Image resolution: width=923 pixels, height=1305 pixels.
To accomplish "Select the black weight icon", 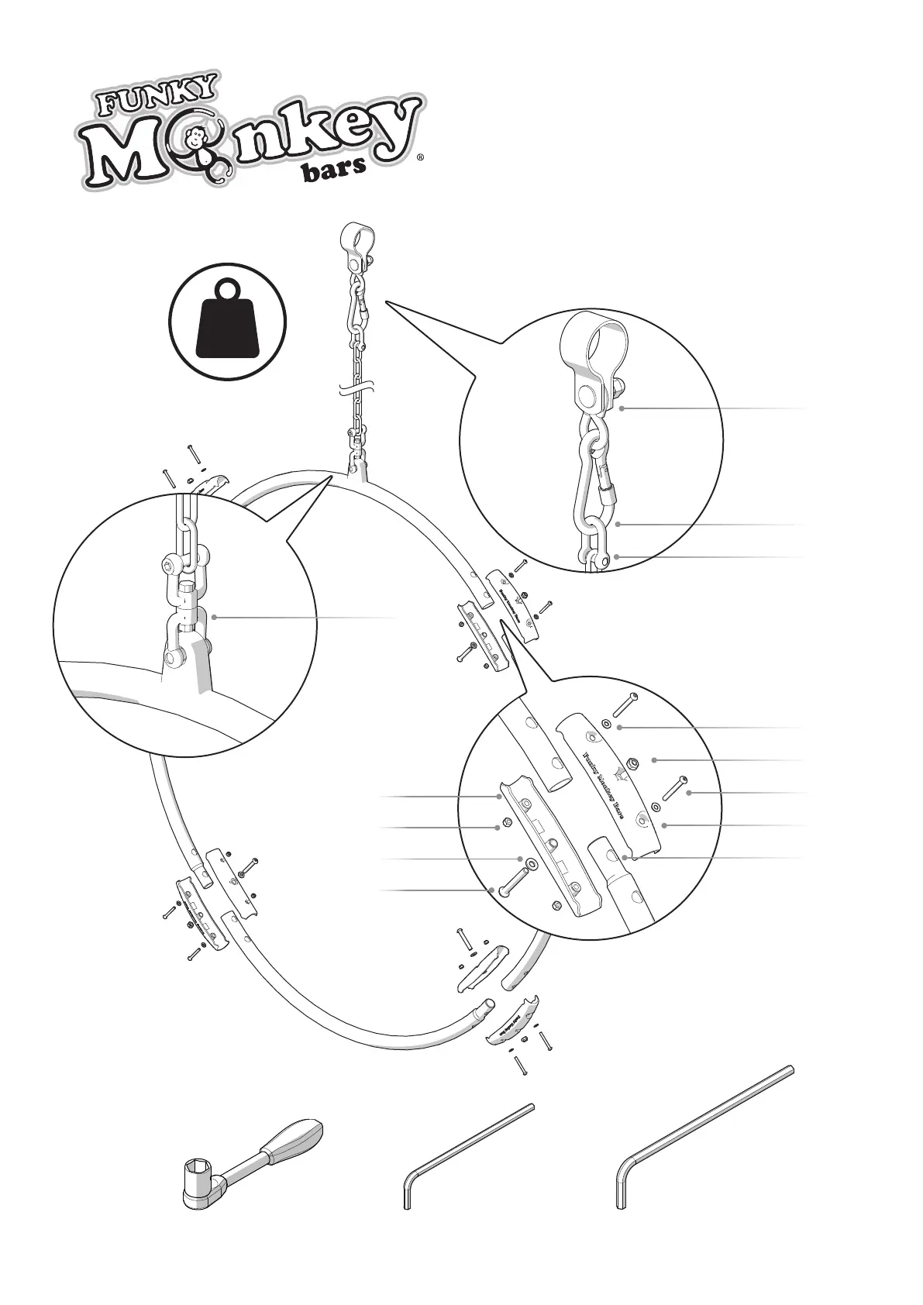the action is tap(229, 325).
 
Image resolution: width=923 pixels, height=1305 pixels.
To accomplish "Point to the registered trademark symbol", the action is tap(420, 157).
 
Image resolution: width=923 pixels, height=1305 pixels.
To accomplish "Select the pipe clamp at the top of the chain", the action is tap(356, 237).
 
